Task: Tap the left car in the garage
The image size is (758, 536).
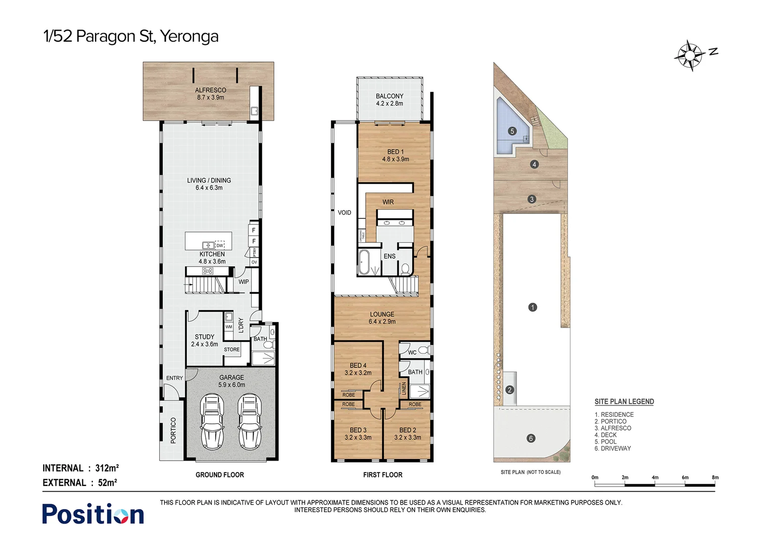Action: coord(212,421)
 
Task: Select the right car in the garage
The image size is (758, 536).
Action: coord(249,421)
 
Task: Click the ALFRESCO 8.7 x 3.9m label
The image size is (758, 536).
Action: coord(210,94)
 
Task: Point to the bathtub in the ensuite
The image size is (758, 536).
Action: coord(365,262)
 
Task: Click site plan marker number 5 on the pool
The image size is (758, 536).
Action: coord(512,131)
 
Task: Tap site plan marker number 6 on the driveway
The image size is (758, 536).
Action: coord(531,438)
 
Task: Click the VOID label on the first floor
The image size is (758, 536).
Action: coord(344,212)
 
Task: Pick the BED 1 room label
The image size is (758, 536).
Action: coord(395,155)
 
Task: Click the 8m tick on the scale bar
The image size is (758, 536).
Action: coord(715,477)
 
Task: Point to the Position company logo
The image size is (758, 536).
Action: coord(93,514)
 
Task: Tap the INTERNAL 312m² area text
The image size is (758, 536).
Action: coord(80,468)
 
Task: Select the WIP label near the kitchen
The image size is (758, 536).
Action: coord(244,281)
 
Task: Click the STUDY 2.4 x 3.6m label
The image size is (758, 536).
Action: coord(204,340)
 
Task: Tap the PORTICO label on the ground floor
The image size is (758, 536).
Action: coord(173,430)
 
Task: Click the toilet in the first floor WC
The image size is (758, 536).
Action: coord(423,350)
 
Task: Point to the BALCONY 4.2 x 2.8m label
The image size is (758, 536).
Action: coord(389,100)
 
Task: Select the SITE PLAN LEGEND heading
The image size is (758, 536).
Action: coord(624,402)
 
